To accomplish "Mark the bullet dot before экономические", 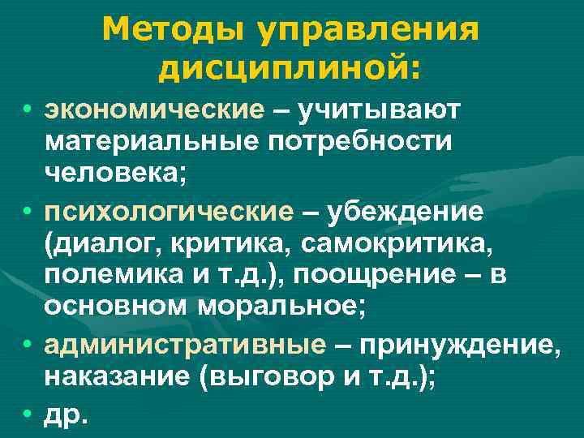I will pyautogui.click(x=29, y=109).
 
